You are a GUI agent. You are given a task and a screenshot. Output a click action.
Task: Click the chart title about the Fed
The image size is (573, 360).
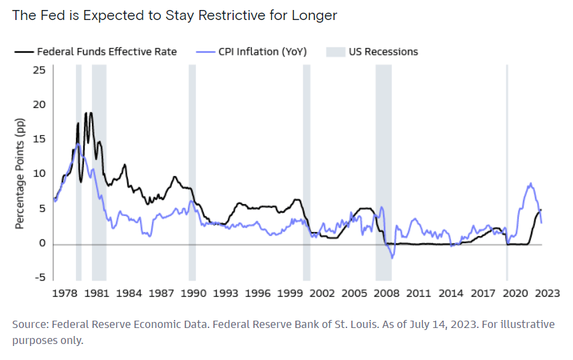coord(175,15)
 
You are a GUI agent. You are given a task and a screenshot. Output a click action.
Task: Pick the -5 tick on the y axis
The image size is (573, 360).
coord(40,278)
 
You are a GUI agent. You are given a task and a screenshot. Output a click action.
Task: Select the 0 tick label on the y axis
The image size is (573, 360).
coord(42,243)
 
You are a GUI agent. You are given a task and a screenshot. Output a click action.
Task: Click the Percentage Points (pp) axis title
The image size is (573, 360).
coord(19,174)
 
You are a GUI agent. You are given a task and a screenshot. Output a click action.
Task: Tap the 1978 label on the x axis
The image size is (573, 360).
coord(64,293)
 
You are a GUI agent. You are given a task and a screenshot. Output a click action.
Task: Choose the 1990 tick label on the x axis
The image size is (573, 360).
coord(193,293)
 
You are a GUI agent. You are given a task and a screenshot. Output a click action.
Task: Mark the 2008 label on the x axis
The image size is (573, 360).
coord(386,293)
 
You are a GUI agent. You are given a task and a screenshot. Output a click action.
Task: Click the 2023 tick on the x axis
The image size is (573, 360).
coord(548,293)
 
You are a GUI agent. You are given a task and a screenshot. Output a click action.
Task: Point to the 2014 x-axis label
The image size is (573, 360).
coord(451,293)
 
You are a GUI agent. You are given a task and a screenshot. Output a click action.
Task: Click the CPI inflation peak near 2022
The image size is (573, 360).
coord(530,183)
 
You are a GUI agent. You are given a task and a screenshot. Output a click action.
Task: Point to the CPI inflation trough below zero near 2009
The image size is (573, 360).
coord(392,257)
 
